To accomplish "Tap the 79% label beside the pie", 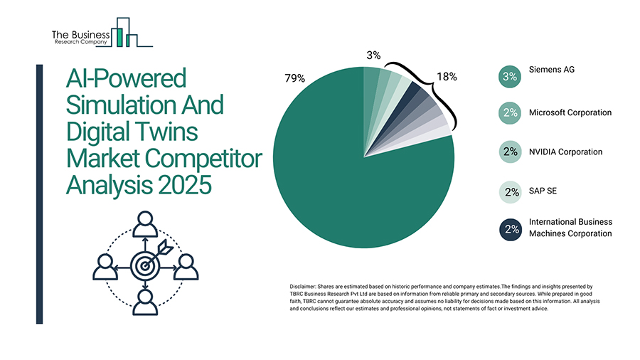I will click(294, 78).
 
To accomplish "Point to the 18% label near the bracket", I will click(447, 77).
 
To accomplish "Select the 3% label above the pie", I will click(374, 55).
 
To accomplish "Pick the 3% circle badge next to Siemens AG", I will click(509, 77).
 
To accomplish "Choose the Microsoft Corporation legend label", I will click(570, 112).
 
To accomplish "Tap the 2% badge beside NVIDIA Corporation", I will click(509, 152).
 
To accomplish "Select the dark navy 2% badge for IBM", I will click(509, 229).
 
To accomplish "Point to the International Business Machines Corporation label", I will click(570, 228).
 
